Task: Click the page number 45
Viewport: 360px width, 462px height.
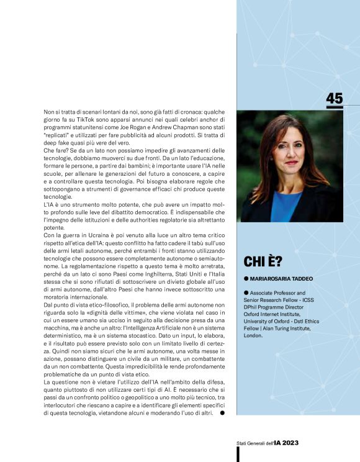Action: tap(334, 99)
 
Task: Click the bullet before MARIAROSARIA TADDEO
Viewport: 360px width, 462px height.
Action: tap(246, 279)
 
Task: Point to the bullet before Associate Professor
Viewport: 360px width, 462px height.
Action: tap(246, 292)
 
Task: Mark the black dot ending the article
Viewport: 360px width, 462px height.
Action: tap(222, 413)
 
